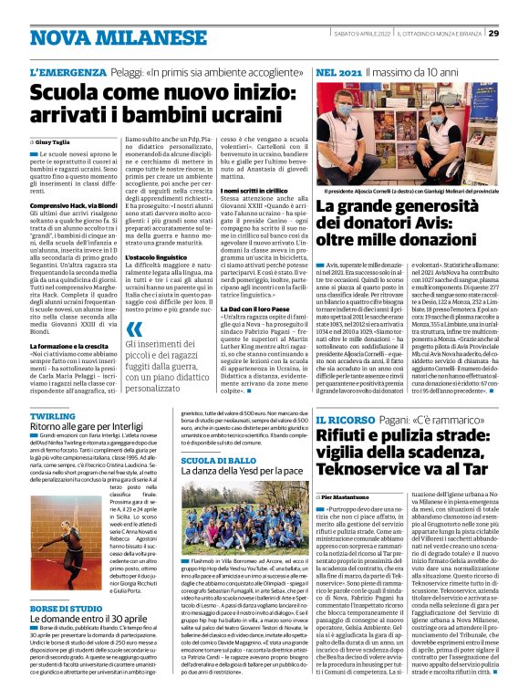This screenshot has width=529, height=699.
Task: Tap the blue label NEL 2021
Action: [x=338, y=71]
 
